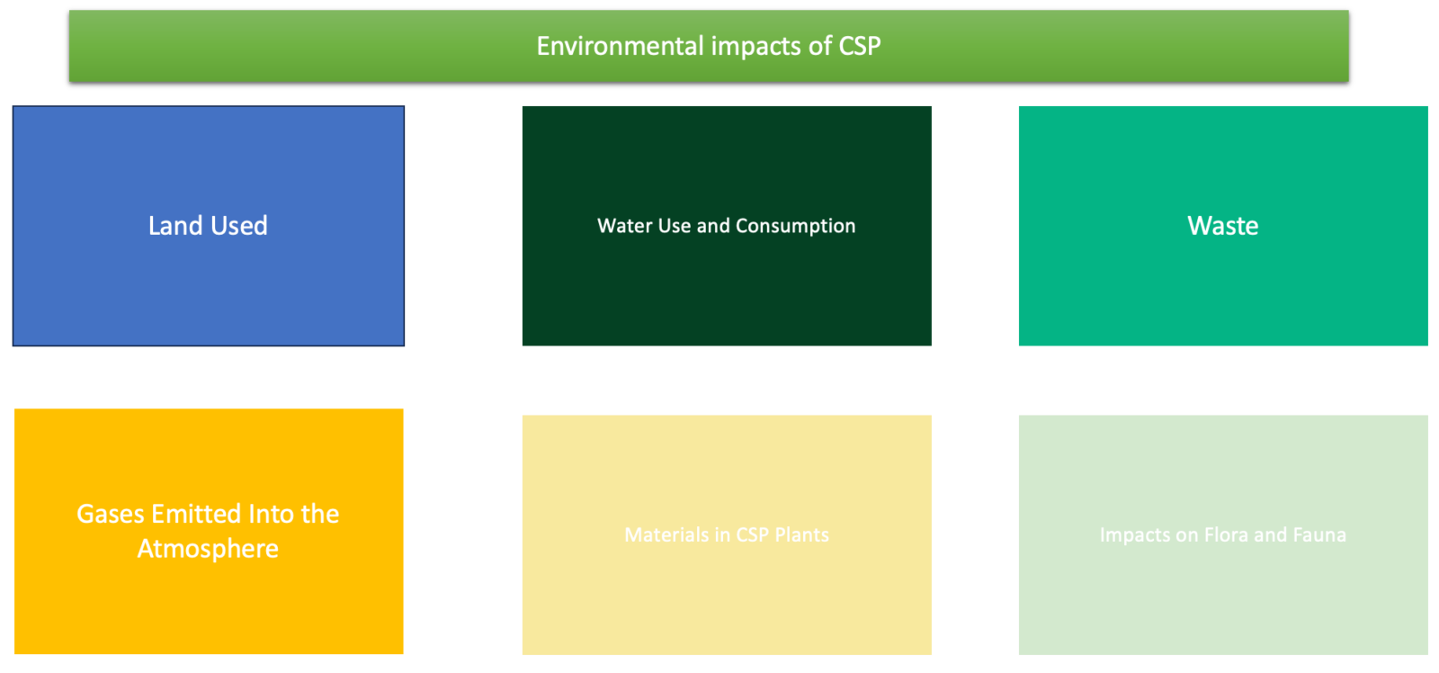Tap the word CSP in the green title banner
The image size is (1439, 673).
[860, 46]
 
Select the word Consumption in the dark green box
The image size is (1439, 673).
[795, 227]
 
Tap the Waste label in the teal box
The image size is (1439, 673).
[1222, 226]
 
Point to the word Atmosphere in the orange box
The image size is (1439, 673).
[208, 549]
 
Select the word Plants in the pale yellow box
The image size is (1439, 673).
[801, 534]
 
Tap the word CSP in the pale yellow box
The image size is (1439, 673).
[752, 534]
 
